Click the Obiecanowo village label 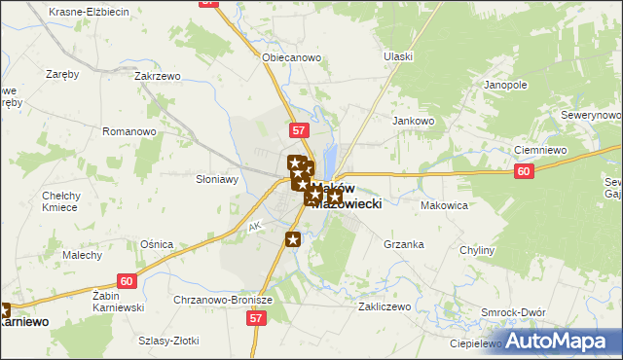click(291, 57)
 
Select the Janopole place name click(505, 85)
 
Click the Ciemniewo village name click(540, 151)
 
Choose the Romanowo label click(130, 131)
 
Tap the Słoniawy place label click(217, 179)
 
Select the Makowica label click(445, 206)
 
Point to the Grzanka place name click(404, 244)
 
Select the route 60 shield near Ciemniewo click(525, 172)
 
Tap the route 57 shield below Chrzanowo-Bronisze click(256, 318)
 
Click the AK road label click(255, 227)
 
